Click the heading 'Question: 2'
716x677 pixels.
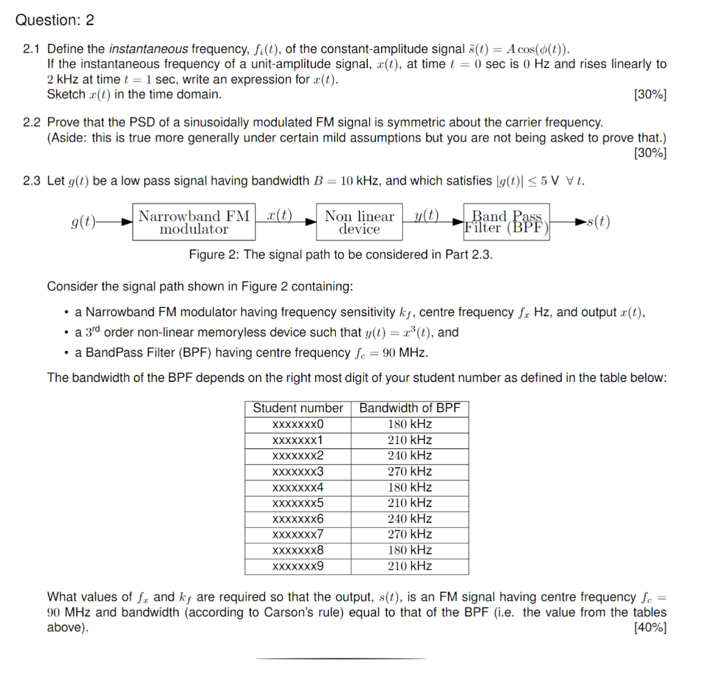pos(55,20)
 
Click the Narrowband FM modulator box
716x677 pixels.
pos(194,222)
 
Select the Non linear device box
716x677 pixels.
pos(359,222)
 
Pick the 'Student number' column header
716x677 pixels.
pos(298,408)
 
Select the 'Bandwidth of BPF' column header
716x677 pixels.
pos(410,408)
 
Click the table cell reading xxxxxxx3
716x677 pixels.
pos(298,471)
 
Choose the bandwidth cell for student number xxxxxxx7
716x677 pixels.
pos(410,534)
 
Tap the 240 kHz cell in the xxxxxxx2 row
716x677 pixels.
pos(410,455)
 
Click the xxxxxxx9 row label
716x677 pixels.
pos(298,566)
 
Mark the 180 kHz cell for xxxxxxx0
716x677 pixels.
pos(410,424)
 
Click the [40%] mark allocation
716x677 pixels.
pos(650,628)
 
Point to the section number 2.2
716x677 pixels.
pos(31,122)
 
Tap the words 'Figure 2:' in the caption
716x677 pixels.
pos(214,255)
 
